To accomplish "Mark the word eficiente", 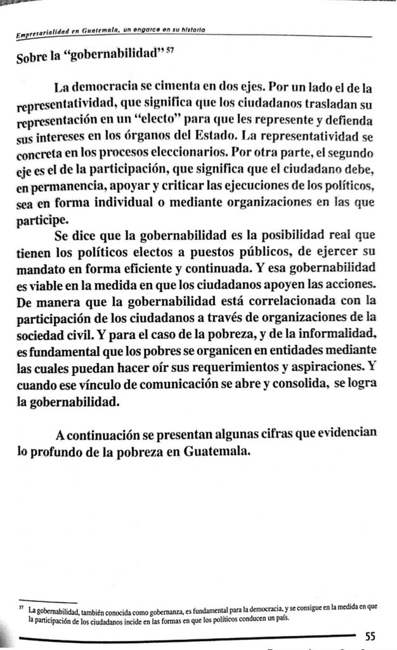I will [x=154, y=272].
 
